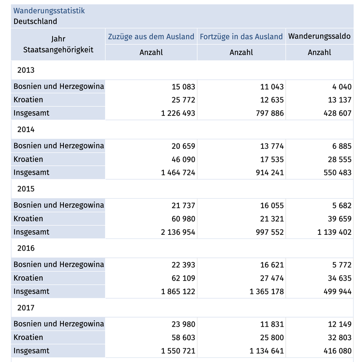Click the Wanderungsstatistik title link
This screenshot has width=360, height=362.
[49, 11]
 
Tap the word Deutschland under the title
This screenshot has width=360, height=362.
[35, 21]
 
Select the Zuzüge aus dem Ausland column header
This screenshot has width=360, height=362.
[151, 37]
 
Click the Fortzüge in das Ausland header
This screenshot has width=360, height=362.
[241, 37]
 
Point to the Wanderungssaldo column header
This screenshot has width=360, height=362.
[319, 36]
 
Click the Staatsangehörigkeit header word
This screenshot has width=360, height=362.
[58, 50]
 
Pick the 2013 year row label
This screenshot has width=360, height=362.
[26, 70]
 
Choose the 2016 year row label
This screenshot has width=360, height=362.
[26, 248]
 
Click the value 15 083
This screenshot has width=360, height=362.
[183, 87]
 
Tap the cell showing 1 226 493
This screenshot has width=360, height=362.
[178, 113]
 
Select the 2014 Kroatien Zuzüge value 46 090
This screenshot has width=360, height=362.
[183, 160]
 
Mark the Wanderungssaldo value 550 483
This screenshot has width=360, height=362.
[337, 172]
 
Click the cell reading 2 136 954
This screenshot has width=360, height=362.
[178, 232]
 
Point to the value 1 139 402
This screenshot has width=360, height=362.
[334, 232]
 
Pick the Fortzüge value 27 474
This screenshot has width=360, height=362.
[272, 278]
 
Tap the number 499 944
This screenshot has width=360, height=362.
[337, 291]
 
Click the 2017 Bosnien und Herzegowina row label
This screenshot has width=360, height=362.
[59, 324]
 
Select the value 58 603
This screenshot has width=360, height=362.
[183, 338]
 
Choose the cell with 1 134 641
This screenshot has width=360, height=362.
[267, 351]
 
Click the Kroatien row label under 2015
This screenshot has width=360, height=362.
[28, 219]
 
